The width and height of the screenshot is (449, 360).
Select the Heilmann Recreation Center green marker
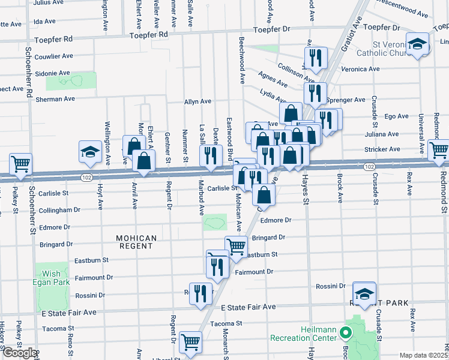(345, 332)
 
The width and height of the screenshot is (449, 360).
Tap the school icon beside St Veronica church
(417, 44)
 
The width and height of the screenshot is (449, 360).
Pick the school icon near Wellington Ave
(90, 151)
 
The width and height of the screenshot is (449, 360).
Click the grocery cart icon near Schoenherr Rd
(20, 164)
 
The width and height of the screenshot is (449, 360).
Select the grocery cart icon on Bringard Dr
(236, 247)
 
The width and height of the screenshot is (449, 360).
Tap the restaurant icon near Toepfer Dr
(314, 58)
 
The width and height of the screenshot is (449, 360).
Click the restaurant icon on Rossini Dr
(200, 293)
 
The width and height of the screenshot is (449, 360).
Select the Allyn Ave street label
(197, 101)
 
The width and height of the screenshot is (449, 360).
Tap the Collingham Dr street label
(59, 210)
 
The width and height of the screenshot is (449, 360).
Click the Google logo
(19, 352)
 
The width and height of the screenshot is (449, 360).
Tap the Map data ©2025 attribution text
(423, 355)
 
